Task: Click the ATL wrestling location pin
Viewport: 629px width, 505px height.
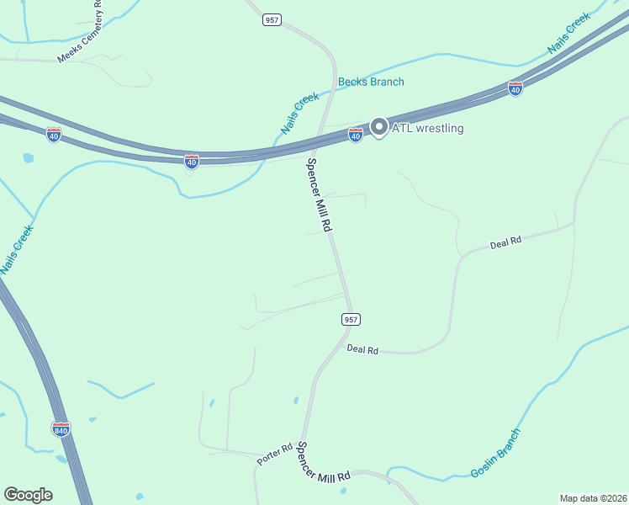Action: [378, 127]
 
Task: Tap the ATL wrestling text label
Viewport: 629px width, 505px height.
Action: [428, 128]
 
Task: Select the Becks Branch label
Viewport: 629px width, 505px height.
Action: [371, 82]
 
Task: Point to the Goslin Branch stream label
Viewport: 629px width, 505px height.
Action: [496, 453]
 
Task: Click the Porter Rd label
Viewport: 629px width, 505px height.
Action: [274, 452]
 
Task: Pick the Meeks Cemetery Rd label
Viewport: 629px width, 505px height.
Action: [79, 34]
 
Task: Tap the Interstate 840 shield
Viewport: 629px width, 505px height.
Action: [61, 429]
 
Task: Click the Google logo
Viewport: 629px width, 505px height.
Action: [28, 495]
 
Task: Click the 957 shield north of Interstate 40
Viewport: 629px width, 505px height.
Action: [271, 19]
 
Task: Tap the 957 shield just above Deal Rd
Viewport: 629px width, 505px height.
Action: [351, 319]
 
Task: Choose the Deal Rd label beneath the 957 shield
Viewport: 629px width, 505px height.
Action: [362, 348]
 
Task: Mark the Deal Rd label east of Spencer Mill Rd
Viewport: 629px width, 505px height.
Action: [506, 242]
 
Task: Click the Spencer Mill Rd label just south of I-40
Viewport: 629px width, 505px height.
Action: [320, 195]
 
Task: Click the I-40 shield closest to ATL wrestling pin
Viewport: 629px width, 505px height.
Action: [356, 135]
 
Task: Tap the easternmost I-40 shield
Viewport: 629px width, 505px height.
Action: [515, 88]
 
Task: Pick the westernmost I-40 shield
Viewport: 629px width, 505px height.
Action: [53, 135]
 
